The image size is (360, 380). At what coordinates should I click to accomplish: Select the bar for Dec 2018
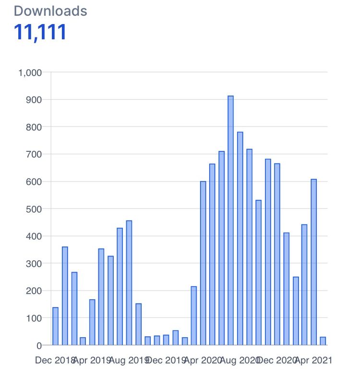55,326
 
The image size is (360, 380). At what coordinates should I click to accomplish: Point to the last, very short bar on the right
323,341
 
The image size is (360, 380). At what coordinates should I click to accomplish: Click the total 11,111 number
40,32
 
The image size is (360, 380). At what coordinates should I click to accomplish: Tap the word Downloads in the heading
50,11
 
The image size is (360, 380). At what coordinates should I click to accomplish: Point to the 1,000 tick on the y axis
30,73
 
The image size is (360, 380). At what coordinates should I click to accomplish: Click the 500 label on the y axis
34,209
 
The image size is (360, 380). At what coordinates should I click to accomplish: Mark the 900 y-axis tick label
34,100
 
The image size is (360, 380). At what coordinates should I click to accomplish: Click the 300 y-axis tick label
34,264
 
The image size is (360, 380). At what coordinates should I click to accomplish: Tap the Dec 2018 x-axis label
55,360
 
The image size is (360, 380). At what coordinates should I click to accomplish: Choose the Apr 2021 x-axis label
313,360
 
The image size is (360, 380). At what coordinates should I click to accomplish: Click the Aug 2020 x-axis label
240,360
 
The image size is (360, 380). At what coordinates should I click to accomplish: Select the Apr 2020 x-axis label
203,360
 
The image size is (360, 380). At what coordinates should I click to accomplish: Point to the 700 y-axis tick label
34,155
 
